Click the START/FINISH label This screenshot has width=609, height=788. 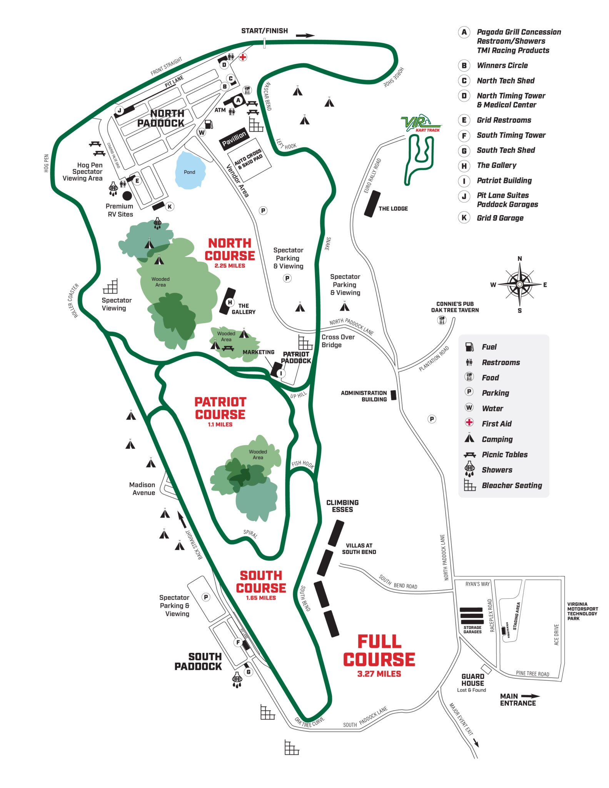[x=264, y=31]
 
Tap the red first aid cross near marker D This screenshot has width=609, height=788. [x=243, y=57]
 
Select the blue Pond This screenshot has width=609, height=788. [x=190, y=170]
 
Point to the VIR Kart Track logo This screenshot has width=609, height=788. [x=420, y=123]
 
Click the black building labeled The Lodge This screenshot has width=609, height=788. [x=372, y=204]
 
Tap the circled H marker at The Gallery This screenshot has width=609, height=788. [x=230, y=302]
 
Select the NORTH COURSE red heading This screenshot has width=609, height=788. [x=230, y=249]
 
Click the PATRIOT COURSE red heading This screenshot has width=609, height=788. [x=220, y=408]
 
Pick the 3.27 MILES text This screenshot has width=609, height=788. [x=379, y=674]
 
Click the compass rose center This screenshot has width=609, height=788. [x=519, y=284]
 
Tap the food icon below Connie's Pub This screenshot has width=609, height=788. [x=442, y=320]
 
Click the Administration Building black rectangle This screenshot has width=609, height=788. [x=393, y=395]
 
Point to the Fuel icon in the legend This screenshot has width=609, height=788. [x=469, y=347]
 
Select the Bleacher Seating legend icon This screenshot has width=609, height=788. [x=469, y=485]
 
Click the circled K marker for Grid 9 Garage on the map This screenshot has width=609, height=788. [x=169, y=207]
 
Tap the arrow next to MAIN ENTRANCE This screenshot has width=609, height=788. [x=530, y=696]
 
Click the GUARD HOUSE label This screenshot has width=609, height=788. [x=472, y=680]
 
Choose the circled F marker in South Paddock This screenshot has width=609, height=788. [x=238, y=642]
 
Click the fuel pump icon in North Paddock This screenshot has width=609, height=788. [x=209, y=124]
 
